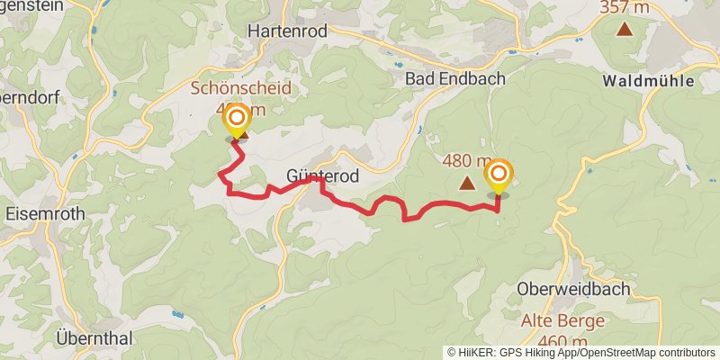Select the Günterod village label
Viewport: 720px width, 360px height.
(322, 176)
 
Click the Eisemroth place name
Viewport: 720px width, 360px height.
(44, 215)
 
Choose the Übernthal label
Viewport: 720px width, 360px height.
(94, 338)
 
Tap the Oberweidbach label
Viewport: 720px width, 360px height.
(574, 289)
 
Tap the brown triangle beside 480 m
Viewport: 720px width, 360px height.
(467, 184)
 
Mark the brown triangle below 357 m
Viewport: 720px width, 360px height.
(624, 29)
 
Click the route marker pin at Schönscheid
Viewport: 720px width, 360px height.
(237, 119)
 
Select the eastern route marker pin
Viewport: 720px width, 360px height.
(498, 173)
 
